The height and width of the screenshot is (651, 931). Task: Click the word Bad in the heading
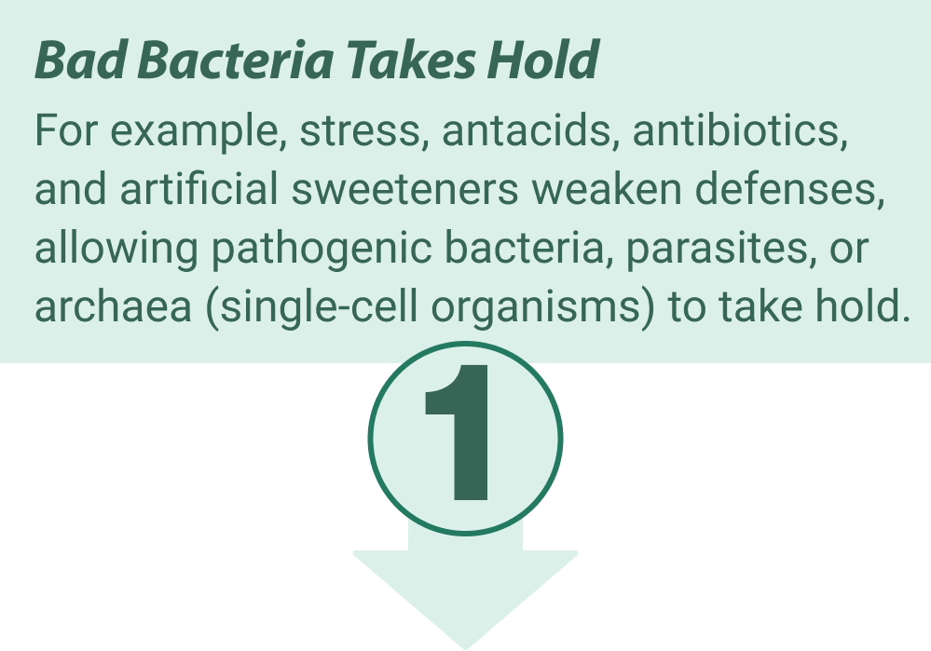(80, 60)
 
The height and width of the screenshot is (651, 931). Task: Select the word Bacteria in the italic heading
(236, 60)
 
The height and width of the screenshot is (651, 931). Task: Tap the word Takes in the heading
(411, 60)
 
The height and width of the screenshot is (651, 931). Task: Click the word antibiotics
(740, 130)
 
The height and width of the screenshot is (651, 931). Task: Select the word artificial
(199, 189)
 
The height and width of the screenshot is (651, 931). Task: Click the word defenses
(789, 189)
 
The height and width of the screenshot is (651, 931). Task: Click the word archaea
(113, 305)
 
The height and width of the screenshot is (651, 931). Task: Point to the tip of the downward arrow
(466, 648)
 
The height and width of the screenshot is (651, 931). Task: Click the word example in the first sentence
(194, 130)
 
